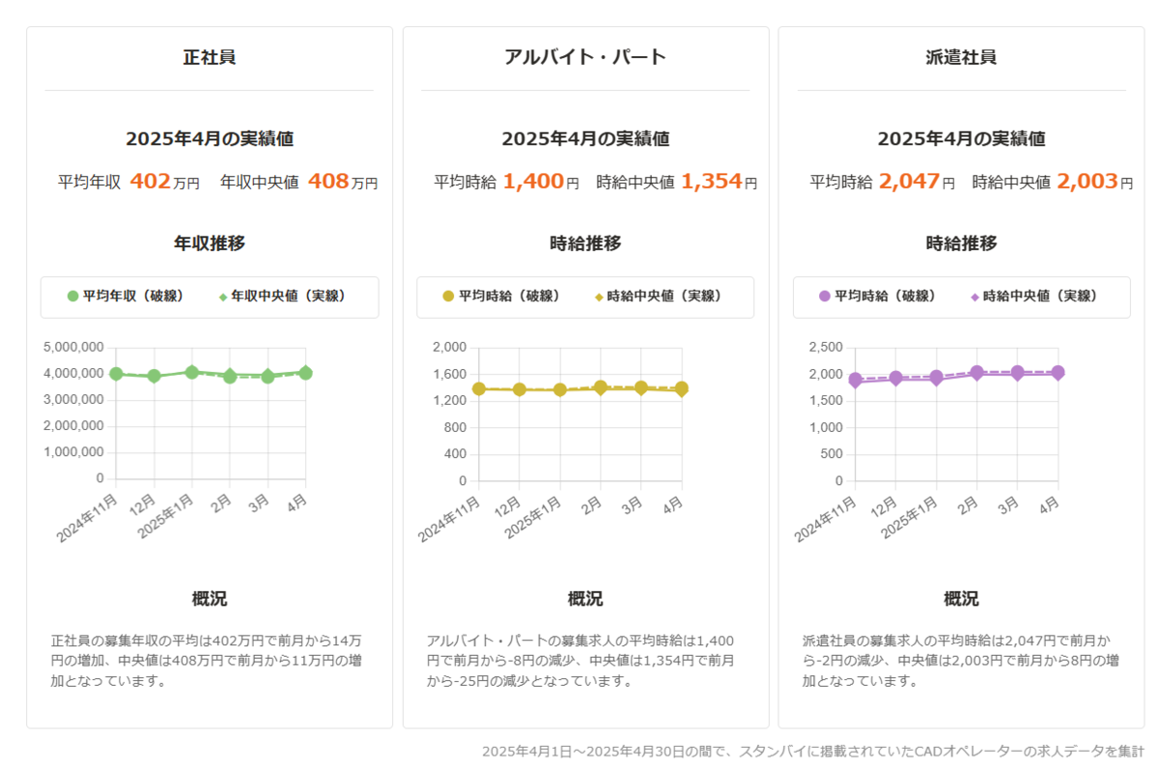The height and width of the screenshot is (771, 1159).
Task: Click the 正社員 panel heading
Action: tap(209, 57)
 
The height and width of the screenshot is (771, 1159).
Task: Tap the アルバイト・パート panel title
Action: tap(585, 57)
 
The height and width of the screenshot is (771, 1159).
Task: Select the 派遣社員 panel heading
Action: tap(961, 57)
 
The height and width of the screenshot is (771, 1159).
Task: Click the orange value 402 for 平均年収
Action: tap(150, 181)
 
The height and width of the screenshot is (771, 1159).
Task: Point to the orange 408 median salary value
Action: tap(328, 181)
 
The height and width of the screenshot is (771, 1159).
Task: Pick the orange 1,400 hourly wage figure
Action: tap(533, 181)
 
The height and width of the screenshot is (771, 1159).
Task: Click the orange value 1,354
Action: tap(712, 181)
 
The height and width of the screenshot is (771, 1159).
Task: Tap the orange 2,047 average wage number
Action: tap(909, 181)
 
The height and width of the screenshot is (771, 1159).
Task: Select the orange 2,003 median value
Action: tap(1088, 181)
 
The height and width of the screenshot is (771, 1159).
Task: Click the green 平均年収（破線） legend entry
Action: tap(126, 297)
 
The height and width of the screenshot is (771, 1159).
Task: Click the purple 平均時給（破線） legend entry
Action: tap(877, 297)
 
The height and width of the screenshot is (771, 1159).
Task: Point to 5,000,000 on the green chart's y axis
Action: tap(74, 347)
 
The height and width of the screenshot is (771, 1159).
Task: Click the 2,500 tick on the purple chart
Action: tap(826, 347)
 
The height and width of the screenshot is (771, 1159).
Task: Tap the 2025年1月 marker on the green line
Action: tap(192, 372)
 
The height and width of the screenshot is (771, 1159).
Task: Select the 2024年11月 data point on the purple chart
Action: tap(855, 381)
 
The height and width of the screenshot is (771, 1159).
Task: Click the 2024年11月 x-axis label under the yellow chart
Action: tap(450, 518)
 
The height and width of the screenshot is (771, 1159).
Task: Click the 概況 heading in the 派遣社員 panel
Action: tap(961, 599)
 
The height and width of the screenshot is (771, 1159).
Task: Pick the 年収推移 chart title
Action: tap(209, 243)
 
